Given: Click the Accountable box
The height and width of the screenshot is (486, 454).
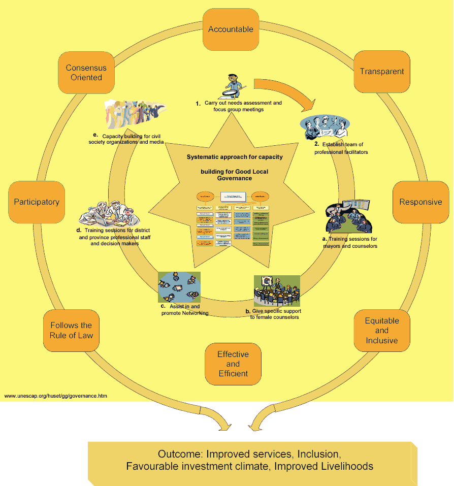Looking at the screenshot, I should coord(231,29).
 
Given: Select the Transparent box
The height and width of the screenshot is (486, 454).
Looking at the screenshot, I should coord(382,72).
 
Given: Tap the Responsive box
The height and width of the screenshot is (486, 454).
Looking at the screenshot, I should coord(420,202).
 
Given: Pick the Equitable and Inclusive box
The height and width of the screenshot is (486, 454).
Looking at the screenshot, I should coord(382,331).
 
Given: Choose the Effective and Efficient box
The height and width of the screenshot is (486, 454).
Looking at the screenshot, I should coord(233,364).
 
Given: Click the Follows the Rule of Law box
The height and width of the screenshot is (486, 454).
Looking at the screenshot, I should coord(71,330).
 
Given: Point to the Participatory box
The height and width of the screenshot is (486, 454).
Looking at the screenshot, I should coord(37,202).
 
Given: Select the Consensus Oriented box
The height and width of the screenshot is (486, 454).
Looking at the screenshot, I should coord(86,73).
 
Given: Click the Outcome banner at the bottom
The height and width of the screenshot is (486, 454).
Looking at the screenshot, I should coord(252,460).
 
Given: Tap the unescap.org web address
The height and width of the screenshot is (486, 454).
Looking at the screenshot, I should coord(56,396).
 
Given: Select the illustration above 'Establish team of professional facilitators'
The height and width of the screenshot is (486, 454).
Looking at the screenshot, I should coord(326,127).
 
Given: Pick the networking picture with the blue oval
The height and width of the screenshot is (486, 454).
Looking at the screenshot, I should coord(179,287).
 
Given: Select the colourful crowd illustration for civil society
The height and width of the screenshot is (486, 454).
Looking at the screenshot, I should coord(134,115).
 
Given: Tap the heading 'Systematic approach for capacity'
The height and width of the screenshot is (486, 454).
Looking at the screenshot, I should coord(235,157).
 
